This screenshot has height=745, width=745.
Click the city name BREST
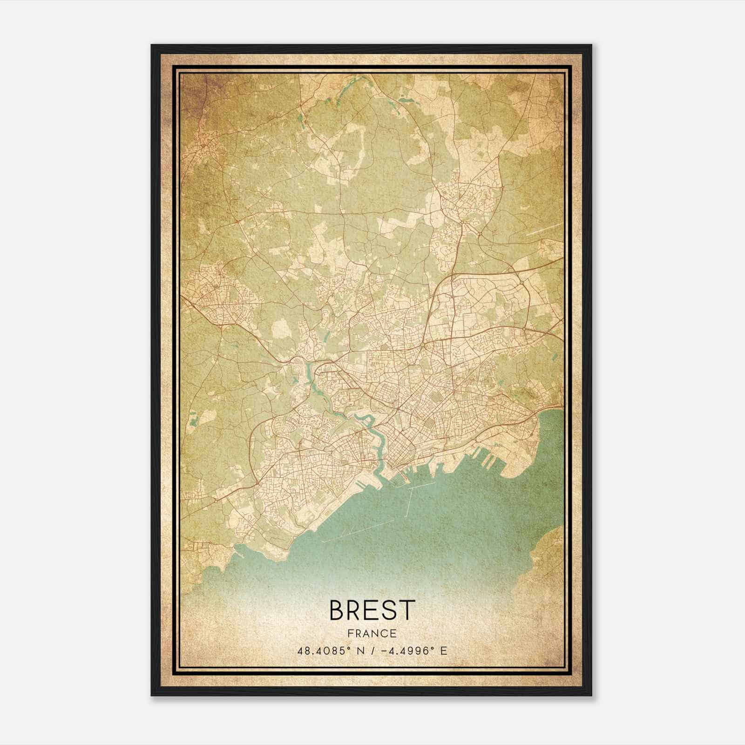pos(372,610)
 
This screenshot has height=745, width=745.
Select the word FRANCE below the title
pos(372,633)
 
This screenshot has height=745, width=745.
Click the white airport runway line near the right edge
pos(540,229)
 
